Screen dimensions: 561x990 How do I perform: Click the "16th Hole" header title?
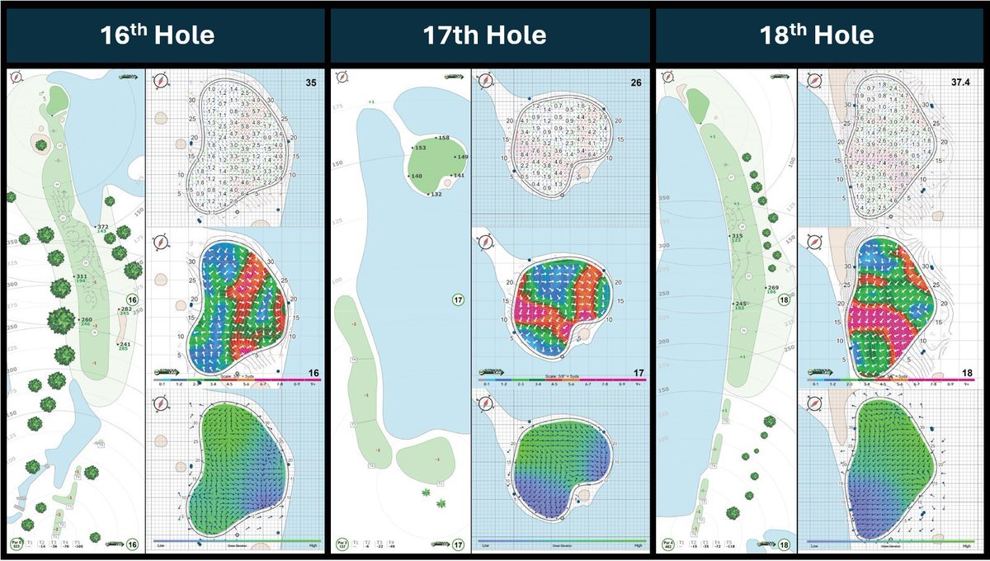tap(158, 35)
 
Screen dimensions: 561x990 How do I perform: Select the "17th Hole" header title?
tap(484, 35)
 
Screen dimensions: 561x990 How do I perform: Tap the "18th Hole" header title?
tap(818, 35)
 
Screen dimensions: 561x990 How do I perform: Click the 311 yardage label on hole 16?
tap(81, 276)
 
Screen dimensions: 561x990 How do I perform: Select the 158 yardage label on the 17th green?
tap(443, 138)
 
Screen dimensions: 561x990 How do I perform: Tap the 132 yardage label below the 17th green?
tap(436, 194)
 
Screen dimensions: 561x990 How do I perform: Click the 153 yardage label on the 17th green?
tap(420, 148)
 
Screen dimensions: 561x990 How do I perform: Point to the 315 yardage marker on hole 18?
tap(738, 237)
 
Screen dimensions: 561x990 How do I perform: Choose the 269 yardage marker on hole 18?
tap(772, 288)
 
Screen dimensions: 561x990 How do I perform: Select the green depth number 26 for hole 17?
tap(637, 82)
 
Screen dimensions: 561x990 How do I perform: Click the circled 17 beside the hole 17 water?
tap(459, 299)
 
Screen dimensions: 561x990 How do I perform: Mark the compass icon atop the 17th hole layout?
tap(339, 79)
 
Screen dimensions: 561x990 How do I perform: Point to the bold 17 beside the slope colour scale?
tap(637, 373)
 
